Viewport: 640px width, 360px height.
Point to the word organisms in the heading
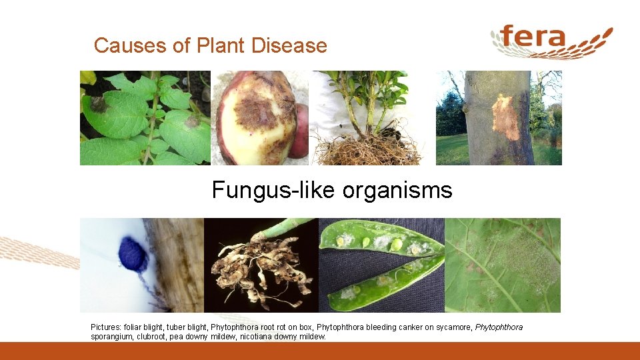[x=397, y=191]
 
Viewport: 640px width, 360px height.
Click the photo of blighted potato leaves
[x=145, y=118]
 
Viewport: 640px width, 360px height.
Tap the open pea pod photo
[x=381, y=265]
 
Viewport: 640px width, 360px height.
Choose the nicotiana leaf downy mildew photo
[x=503, y=265]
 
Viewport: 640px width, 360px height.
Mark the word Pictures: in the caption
[x=107, y=327]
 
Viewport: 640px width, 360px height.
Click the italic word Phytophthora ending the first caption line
[x=499, y=327]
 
